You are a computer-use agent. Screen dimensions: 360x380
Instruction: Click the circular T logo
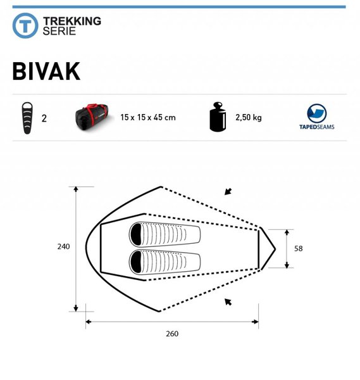point(25,25)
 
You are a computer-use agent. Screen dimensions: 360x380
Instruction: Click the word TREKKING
point(72,21)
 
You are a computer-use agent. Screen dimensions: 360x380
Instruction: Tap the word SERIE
point(59,31)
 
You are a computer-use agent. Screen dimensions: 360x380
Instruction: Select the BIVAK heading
point(46,71)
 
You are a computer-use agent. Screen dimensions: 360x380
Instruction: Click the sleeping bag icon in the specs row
point(27,118)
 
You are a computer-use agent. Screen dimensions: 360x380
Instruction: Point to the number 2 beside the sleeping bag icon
point(44,118)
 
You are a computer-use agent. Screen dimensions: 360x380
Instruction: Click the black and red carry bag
point(94,117)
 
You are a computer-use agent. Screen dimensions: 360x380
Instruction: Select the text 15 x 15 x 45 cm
point(148,118)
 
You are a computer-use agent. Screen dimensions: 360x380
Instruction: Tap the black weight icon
point(218,117)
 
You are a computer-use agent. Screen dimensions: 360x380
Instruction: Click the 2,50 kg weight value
point(249,118)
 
